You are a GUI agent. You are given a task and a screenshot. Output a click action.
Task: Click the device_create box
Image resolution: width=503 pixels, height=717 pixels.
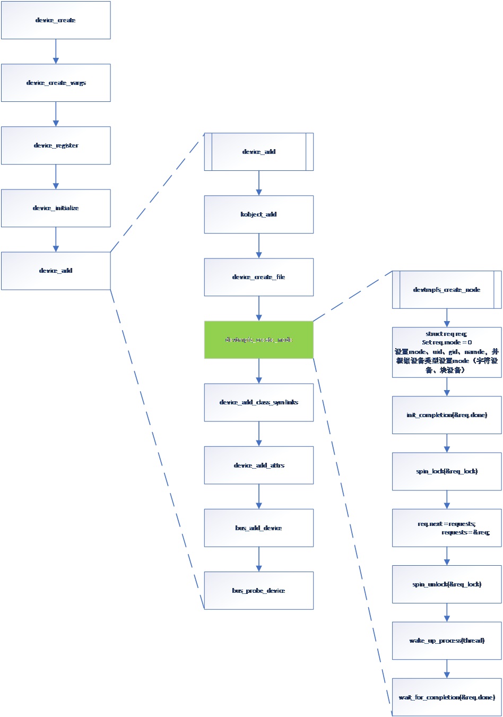click(56, 20)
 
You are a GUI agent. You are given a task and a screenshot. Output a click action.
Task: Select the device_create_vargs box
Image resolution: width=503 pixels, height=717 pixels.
click(56, 83)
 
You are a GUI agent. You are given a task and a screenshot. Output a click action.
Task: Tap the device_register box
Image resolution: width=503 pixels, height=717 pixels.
click(56, 145)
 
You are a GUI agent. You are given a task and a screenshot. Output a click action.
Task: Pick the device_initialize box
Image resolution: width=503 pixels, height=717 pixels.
click(56, 208)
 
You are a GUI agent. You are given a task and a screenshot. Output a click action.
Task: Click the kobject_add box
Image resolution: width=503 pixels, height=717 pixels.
click(258, 214)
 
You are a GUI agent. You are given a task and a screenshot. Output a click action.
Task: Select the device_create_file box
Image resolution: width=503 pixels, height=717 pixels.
click(258, 277)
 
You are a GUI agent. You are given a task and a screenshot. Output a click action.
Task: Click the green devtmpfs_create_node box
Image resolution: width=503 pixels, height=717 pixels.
click(258, 340)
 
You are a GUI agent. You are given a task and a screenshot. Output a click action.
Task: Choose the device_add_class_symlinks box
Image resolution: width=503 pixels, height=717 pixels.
click(258, 402)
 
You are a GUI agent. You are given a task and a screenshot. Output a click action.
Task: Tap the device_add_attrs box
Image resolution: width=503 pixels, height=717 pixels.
click(258, 465)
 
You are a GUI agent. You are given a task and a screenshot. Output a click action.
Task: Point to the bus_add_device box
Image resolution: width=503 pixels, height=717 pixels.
click(258, 528)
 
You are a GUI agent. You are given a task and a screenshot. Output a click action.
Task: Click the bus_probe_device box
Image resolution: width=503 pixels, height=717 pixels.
click(258, 591)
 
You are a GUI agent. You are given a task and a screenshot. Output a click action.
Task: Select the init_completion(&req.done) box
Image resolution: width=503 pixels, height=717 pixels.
click(447, 415)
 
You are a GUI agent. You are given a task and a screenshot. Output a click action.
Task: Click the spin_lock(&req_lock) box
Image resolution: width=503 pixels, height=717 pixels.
click(447, 471)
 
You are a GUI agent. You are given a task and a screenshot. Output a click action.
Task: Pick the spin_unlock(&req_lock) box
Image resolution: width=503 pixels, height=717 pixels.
click(447, 584)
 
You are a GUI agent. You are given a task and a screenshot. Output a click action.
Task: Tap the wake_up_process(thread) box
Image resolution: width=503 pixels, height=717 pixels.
click(447, 641)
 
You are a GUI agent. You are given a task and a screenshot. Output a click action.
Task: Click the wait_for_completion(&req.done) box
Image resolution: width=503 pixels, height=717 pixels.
click(447, 697)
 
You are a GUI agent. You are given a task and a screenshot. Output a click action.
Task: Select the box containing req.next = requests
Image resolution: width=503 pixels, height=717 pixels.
click(447, 528)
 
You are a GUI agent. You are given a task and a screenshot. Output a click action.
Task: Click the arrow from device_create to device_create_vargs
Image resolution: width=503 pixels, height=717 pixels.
click(56, 51)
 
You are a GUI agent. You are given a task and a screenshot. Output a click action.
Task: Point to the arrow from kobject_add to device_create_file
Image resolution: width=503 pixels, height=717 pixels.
click(258, 246)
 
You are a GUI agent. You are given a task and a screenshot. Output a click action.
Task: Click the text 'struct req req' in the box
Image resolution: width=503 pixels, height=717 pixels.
click(446, 334)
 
